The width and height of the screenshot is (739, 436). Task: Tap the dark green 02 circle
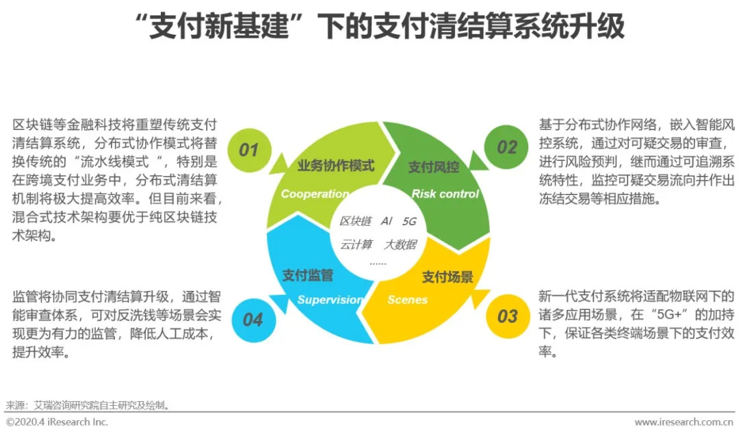507,147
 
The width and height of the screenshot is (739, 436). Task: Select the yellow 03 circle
507,316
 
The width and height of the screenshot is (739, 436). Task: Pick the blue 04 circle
252,319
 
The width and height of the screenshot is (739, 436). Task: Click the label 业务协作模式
336,166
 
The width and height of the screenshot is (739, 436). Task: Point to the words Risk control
445,194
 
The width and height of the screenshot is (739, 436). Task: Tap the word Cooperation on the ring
315,194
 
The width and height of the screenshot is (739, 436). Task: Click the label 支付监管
308,276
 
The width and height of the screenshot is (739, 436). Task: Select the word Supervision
330,300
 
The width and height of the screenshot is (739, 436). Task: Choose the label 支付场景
448,277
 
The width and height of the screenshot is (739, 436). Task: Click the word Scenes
407,300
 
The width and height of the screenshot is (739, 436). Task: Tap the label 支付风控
434,167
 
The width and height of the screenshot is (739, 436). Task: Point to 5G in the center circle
409,221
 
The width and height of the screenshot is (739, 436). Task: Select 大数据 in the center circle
400,244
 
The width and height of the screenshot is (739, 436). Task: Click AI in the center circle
387,221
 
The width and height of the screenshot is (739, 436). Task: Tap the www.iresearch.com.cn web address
685,422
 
